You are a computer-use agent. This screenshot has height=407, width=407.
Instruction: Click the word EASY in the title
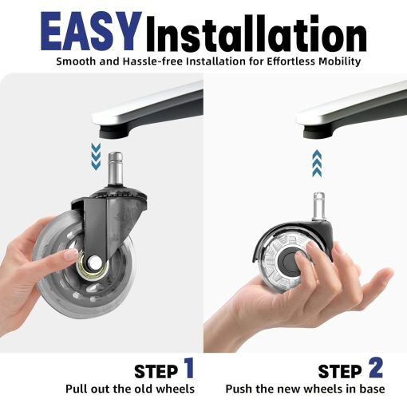point(89,32)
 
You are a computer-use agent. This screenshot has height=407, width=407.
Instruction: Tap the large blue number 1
point(188,368)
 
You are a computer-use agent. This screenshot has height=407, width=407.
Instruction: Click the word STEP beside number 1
point(156,371)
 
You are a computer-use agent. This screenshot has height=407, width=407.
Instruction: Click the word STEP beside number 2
point(340,372)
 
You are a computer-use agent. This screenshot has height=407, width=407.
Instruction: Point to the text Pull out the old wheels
point(129,389)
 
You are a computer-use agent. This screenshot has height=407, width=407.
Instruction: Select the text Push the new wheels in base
point(305,389)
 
